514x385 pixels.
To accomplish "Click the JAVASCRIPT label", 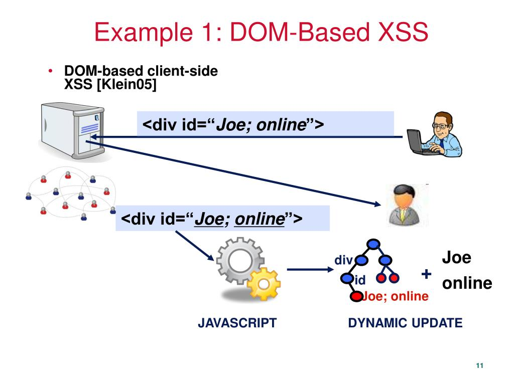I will point(237,323).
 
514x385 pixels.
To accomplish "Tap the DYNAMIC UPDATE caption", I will point(405,323).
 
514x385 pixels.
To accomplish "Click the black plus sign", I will point(426,274).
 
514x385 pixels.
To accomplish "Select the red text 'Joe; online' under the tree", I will point(396,297).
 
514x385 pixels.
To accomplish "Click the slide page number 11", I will point(479,365).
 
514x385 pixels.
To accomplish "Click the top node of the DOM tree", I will point(373,244).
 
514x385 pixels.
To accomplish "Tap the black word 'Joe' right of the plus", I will point(456,258).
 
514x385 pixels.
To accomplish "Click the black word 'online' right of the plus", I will point(467,283).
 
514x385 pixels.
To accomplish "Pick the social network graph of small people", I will point(70,196).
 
